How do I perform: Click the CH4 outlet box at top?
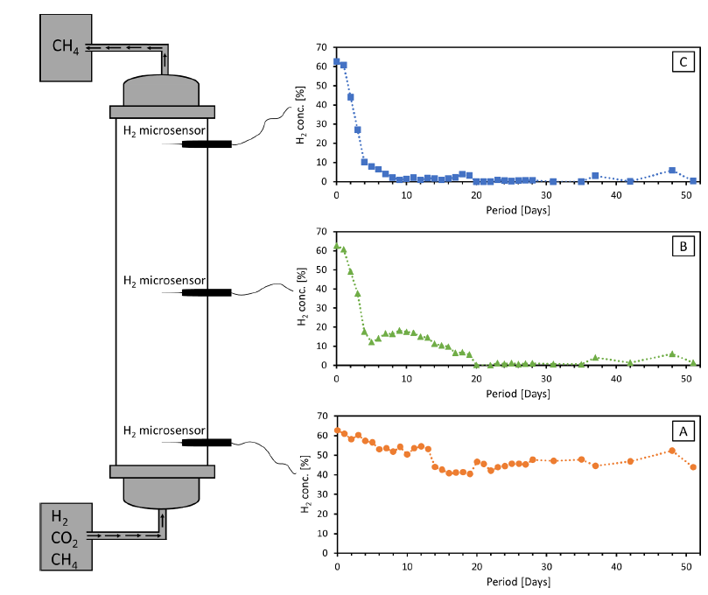[65, 45]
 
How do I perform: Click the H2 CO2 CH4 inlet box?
[65, 536]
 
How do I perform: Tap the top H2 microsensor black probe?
[207, 143]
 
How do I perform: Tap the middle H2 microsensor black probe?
[207, 292]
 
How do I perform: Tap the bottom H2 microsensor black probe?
[207, 442]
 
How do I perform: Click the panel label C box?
[683, 61]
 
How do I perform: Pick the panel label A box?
[683, 430]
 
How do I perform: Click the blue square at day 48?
[672, 171]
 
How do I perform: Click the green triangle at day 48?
[672, 354]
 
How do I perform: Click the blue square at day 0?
[337, 62]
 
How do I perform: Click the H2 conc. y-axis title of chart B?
[302, 297]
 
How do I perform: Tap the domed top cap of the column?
[162, 90]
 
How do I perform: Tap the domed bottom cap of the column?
[162, 493]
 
